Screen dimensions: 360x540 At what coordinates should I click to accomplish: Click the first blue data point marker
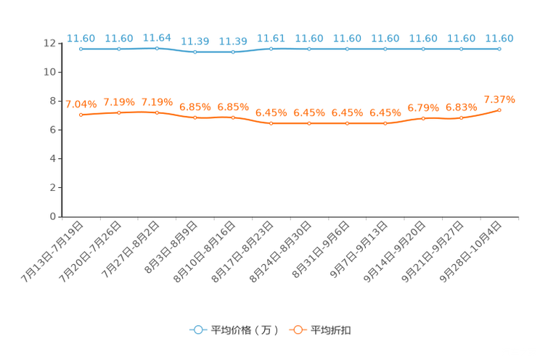point(81,49)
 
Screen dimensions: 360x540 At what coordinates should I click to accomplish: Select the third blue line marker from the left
point(157,48)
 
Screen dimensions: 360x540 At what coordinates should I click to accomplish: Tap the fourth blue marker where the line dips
point(195,52)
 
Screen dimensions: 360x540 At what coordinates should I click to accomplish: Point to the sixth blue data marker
point(271,49)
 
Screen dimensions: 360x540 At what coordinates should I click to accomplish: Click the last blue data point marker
point(499,49)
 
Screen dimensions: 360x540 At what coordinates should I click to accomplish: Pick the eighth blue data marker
point(348,49)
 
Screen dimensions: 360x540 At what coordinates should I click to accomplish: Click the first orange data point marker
point(81,115)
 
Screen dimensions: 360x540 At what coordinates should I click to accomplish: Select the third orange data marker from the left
point(157,112)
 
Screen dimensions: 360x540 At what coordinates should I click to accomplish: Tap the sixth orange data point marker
point(271,123)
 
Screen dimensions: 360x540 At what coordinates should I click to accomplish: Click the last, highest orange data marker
point(499,110)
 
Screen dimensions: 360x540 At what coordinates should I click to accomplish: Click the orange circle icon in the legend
point(297,330)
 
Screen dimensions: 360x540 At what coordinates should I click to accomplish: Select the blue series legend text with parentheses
point(245,330)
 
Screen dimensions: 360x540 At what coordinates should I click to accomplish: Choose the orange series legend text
point(332,330)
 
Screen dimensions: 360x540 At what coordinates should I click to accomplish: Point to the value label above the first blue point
point(81,38)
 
